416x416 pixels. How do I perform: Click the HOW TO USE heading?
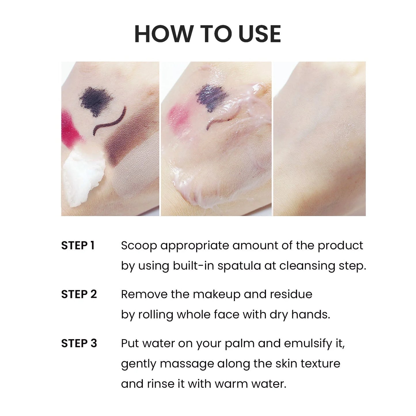pyautogui.click(x=207, y=34)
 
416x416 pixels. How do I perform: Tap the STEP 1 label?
pyautogui.click(x=78, y=246)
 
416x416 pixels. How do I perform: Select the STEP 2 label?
pyautogui.click(x=79, y=295)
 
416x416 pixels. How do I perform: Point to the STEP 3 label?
pyautogui.click(x=79, y=343)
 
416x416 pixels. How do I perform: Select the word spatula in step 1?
pyautogui.click(x=239, y=266)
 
